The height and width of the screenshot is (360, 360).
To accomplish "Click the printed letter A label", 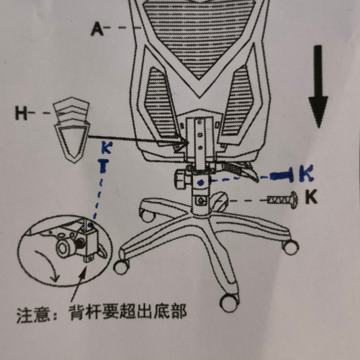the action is click(x=97, y=29).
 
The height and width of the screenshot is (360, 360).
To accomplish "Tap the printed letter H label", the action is click(x=21, y=113).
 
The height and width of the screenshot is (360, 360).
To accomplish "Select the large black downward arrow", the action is click(x=318, y=86).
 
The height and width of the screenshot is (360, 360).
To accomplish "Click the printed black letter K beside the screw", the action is click(x=311, y=197).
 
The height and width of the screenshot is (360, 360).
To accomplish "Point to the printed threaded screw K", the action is click(x=282, y=199).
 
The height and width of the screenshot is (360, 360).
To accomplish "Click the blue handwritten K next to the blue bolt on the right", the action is click(x=307, y=173).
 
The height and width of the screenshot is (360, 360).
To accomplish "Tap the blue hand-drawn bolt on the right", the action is click(x=282, y=176).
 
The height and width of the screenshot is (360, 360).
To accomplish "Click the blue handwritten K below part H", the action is click(x=107, y=148).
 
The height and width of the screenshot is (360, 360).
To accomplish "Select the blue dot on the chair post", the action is click(x=201, y=183).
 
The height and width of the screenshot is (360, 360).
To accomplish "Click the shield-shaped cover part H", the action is click(x=72, y=130).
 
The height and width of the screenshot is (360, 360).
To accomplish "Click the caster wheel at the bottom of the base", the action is click(x=229, y=303).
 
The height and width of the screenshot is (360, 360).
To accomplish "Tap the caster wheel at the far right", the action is click(x=291, y=247).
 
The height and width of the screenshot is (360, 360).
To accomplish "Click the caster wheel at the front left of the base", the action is click(x=121, y=267).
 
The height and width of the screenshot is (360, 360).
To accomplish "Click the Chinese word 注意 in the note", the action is click(x=32, y=315).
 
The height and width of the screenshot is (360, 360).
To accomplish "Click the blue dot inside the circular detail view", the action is click(x=90, y=225).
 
